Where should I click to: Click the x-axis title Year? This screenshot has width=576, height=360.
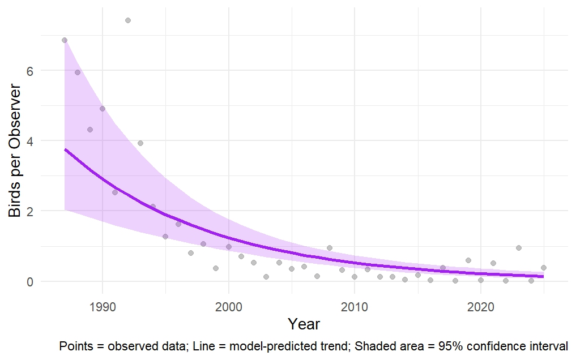click(x=304, y=324)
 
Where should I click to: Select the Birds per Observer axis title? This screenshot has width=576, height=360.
click(x=15, y=151)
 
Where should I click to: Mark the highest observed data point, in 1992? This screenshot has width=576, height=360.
click(x=128, y=20)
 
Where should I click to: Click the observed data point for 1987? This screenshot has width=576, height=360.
click(x=65, y=40)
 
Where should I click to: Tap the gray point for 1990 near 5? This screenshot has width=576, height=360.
click(x=103, y=109)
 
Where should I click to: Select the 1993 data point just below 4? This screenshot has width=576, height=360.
click(x=140, y=143)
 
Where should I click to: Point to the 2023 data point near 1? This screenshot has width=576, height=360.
click(x=518, y=248)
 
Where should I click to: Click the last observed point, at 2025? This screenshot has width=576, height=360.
click(x=544, y=268)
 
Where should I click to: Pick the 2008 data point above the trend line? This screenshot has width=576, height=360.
click(x=330, y=248)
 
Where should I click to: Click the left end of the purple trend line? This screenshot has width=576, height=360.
click(x=65, y=149)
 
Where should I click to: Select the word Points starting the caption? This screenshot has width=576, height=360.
click(x=74, y=346)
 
